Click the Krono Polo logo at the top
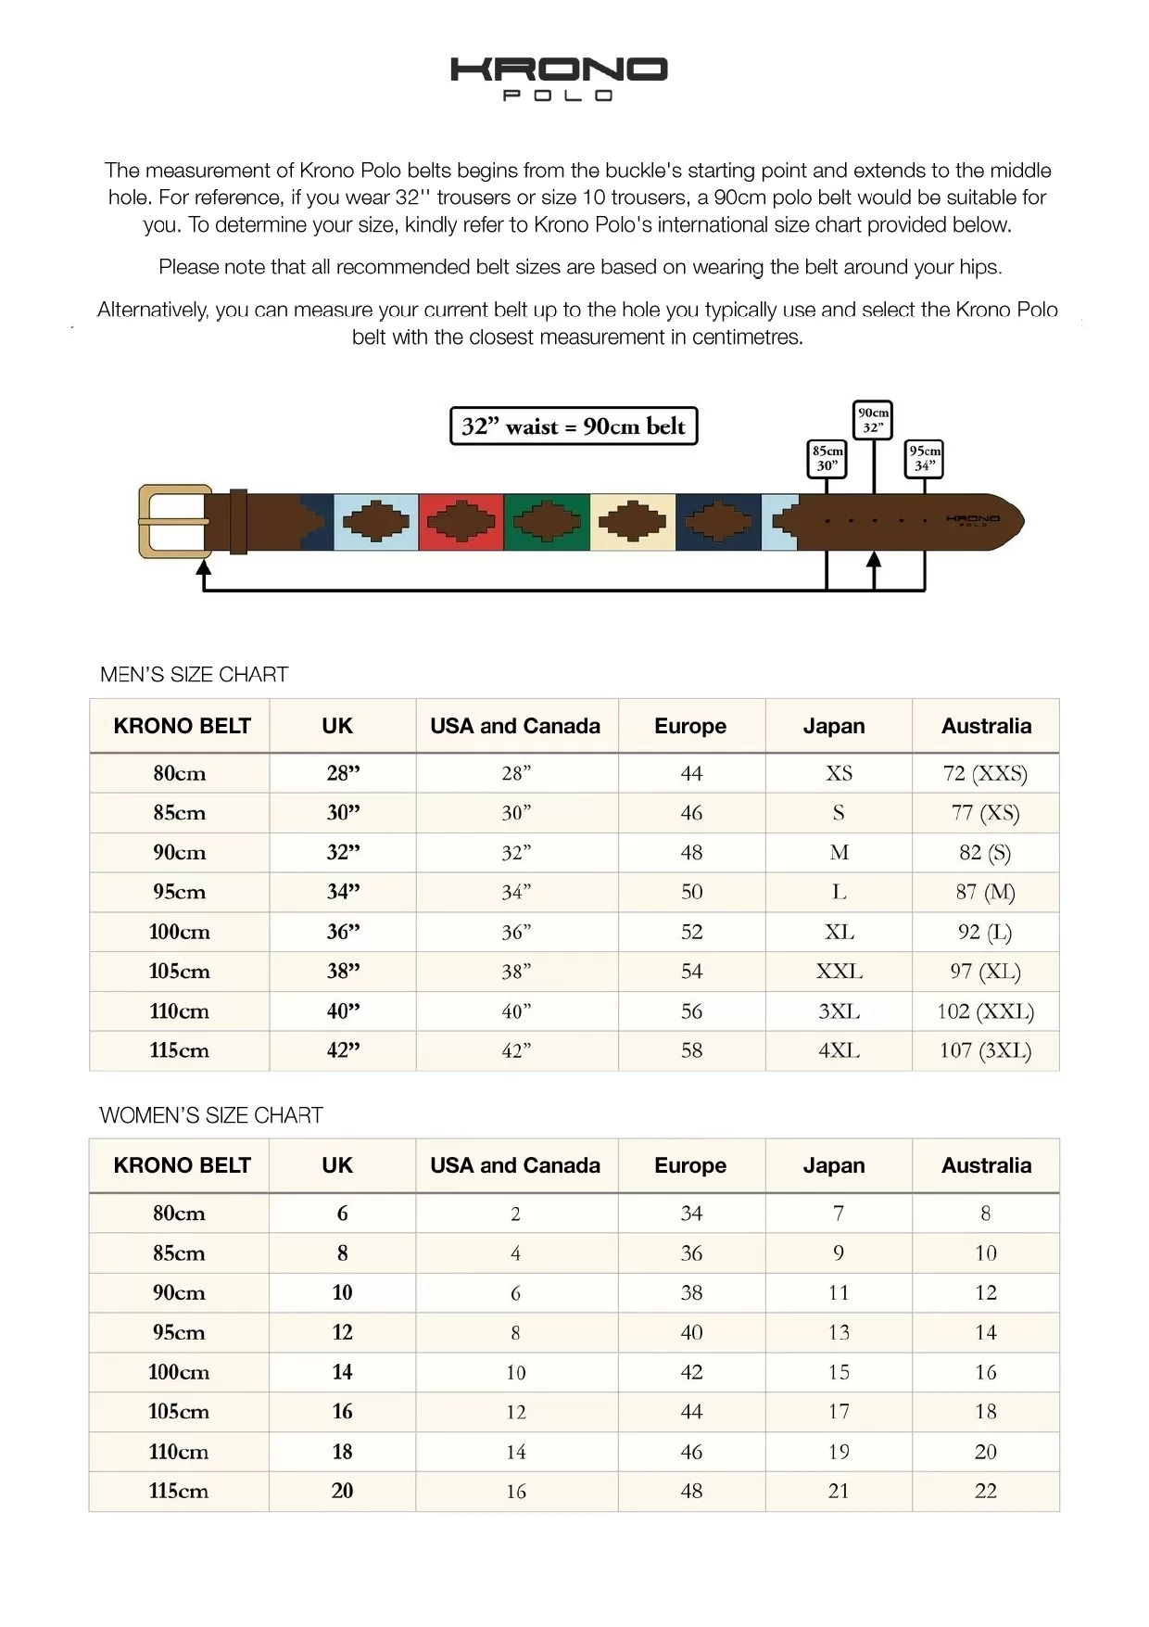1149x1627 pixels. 559,79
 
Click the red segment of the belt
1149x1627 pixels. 461,521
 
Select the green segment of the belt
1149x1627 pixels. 547,521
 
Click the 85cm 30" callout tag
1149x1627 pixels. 827,458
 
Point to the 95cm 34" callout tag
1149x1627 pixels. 924,458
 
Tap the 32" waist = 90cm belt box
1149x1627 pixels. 574,426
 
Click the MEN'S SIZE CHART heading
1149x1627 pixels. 195,675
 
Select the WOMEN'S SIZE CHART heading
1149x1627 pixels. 211,1115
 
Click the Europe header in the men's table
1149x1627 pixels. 690,726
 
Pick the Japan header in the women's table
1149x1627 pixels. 834,1165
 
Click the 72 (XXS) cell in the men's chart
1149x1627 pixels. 985,773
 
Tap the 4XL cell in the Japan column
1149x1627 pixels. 839,1050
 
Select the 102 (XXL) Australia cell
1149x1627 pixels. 985,1011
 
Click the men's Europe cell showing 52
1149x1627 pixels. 691,932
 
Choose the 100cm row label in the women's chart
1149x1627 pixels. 179,1372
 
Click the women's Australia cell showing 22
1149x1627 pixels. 985,1491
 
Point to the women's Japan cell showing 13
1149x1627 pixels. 839,1332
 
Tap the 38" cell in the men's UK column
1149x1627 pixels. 343,972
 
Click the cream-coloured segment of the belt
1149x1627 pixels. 633,521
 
